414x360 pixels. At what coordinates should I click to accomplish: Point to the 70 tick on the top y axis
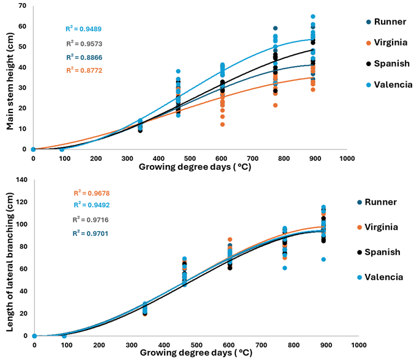[22, 6]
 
